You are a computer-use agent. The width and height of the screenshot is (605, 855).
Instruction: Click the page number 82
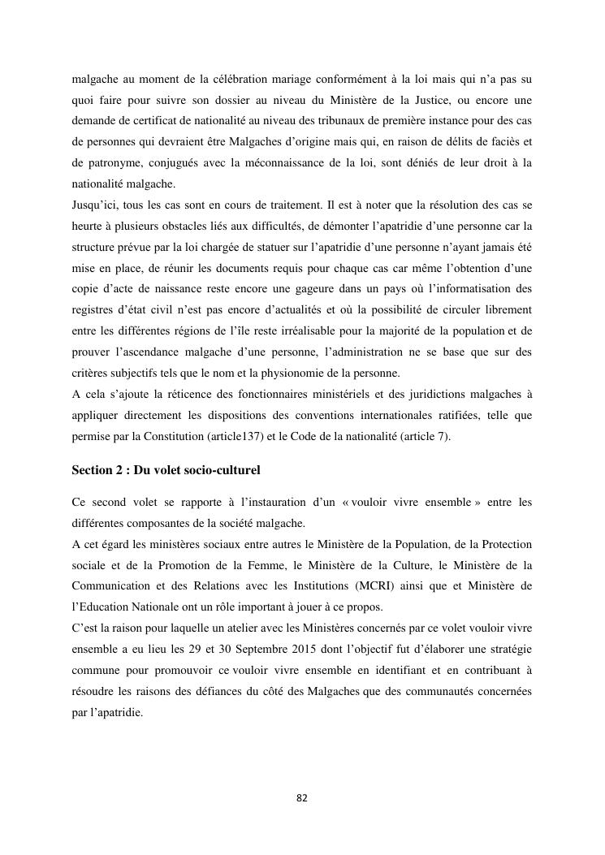point(302,798)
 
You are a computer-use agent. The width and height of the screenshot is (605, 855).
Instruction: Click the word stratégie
point(509,650)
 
